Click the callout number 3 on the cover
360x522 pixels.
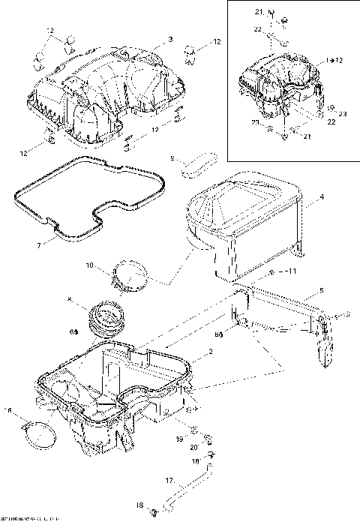click(x=170, y=38)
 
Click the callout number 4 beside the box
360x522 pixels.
click(x=321, y=197)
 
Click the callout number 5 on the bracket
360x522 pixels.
click(x=321, y=289)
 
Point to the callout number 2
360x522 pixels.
click(x=211, y=351)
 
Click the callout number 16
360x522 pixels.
click(x=8, y=410)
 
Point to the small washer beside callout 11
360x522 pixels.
click(x=271, y=270)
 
